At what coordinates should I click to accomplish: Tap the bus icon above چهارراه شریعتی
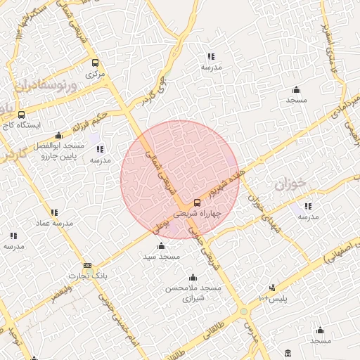(196, 202)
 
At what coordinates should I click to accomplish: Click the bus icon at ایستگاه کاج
(20, 114)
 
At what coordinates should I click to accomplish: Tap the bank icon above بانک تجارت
(87, 266)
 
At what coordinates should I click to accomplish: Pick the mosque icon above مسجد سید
(162, 246)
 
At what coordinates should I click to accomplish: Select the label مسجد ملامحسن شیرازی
(193, 293)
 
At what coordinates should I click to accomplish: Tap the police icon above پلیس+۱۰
(272, 288)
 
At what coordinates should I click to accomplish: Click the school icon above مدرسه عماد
(54, 212)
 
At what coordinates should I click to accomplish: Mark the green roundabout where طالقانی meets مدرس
(243, 311)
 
